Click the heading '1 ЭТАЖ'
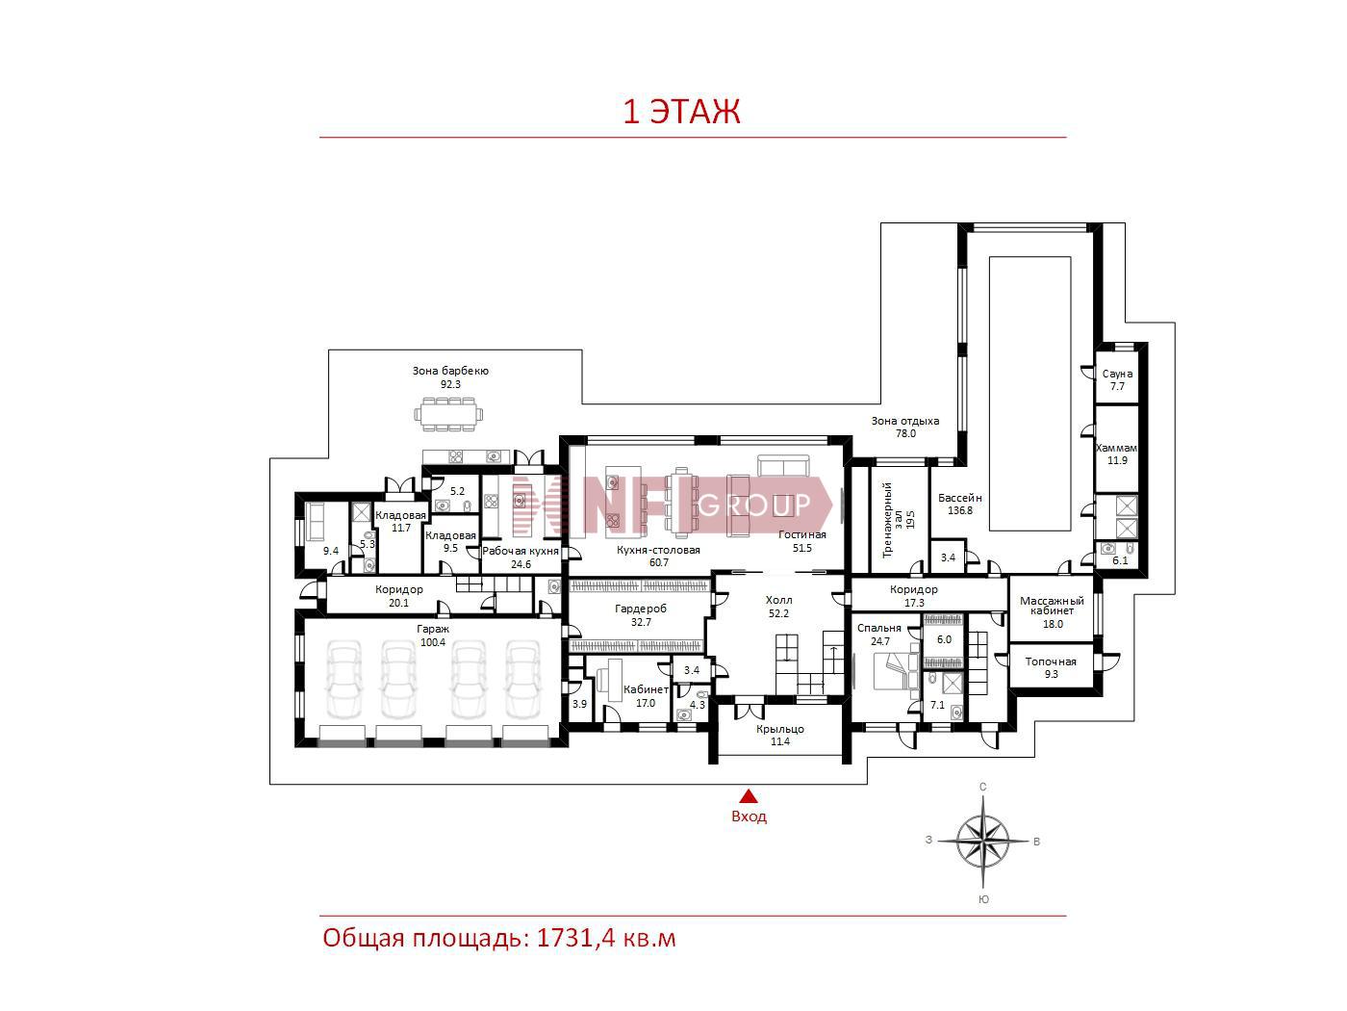(681, 112)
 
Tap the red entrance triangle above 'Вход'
(748, 796)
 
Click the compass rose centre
(982, 841)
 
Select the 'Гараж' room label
(433, 629)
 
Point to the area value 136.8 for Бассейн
(960, 510)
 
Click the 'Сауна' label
(1117, 374)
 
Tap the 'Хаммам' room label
(1116, 448)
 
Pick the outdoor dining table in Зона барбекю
(448, 414)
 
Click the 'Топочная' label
(1051, 661)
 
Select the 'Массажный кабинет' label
(1052, 606)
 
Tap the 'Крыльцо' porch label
(780, 729)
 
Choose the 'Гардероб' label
(641, 609)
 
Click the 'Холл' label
(778, 600)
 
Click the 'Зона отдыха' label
(905, 421)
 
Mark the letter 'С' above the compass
(982, 787)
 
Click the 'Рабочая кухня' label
(521, 551)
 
